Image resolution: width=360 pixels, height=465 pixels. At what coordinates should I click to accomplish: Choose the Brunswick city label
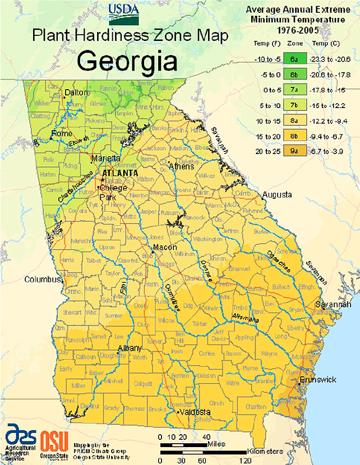[318, 380]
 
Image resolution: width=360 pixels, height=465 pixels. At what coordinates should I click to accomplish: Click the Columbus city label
[41, 279]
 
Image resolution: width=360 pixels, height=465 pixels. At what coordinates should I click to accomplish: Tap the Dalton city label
[77, 92]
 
